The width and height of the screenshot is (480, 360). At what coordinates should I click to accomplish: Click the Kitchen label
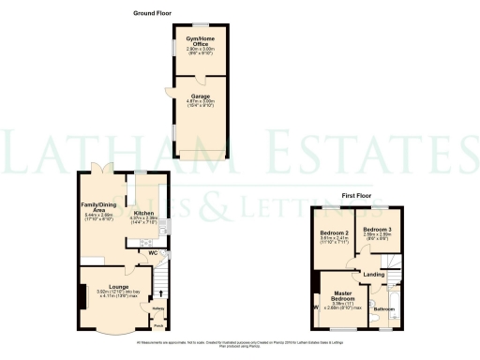(143, 213)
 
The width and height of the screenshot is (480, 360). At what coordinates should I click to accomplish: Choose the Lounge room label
(118, 286)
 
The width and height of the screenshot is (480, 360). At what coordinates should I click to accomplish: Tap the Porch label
(157, 327)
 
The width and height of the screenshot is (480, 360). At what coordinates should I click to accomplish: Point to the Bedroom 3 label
(377, 230)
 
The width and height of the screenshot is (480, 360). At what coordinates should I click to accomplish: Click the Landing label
(373, 274)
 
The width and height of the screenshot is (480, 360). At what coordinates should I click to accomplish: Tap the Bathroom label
(383, 308)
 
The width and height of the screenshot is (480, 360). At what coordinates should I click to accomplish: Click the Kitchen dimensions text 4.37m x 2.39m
(143, 223)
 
